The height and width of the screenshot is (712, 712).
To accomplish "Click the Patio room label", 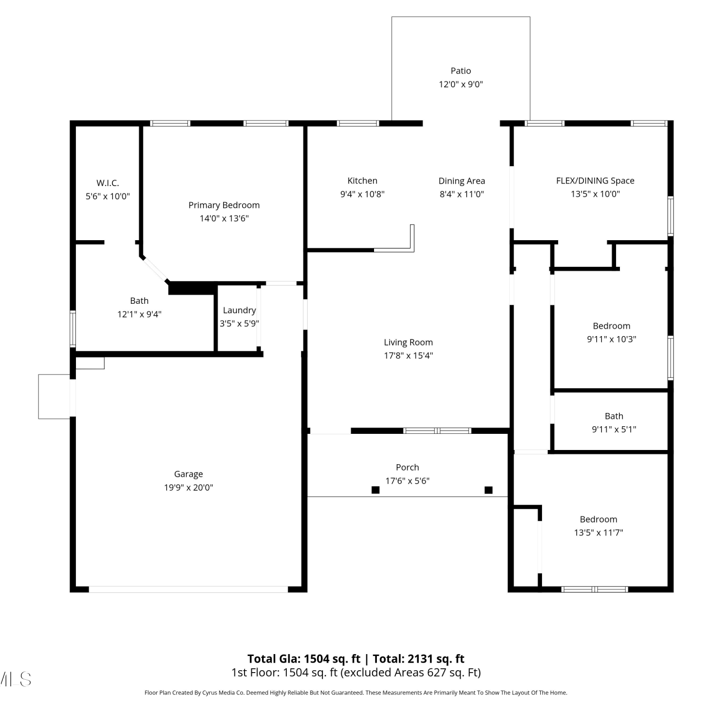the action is click(x=460, y=71).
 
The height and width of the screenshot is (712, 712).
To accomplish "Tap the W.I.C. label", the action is click(x=108, y=183).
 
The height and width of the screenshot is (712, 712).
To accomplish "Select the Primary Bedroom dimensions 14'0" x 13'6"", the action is click(x=224, y=218).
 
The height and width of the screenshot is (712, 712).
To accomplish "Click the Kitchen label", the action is click(x=362, y=180).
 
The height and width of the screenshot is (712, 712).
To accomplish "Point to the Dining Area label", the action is click(x=462, y=181).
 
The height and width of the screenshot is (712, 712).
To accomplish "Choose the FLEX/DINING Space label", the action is click(x=595, y=180).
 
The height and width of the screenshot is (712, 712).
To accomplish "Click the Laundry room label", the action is click(x=239, y=310).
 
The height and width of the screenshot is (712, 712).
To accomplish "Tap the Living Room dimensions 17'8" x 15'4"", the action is click(x=408, y=356).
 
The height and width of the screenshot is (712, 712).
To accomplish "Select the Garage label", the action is click(x=188, y=474).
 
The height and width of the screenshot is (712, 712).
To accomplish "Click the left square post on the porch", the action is click(x=375, y=490).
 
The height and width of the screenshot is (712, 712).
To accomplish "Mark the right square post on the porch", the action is click(x=488, y=490).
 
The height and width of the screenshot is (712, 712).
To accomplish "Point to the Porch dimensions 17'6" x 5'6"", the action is click(x=407, y=481).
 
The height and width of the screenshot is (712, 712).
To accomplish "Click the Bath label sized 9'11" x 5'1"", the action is click(x=614, y=416).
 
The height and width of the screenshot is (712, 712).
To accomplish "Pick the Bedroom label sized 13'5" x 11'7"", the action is click(x=599, y=519).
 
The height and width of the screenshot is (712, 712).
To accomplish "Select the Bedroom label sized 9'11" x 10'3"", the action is click(x=611, y=326).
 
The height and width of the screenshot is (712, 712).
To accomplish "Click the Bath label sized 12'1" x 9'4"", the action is click(x=139, y=301).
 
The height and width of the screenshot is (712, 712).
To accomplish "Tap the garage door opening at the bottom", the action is click(x=188, y=589).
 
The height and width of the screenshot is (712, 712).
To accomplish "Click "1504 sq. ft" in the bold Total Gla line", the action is click(x=332, y=659).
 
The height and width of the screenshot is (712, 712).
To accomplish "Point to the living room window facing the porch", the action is click(x=437, y=431).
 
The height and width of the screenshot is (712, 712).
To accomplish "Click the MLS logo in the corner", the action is click(x=16, y=679).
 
